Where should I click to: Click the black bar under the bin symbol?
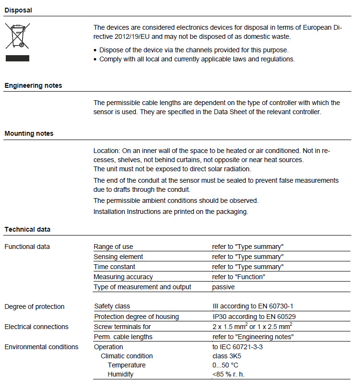(x=17, y=58)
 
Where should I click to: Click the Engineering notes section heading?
(x=33, y=85)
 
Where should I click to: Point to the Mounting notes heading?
(x=29, y=133)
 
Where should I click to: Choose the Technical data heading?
(x=27, y=229)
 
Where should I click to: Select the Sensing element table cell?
(x=118, y=257)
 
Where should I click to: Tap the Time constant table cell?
(x=114, y=267)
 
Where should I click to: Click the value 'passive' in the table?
(x=223, y=287)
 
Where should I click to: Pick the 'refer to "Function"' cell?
(x=239, y=277)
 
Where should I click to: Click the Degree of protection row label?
(x=35, y=306)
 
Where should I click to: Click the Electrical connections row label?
(x=36, y=327)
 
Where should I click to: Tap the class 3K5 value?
(x=228, y=356)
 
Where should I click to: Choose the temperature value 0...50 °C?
(x=226, y=365)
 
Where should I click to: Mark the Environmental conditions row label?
(x=41, y=347)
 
